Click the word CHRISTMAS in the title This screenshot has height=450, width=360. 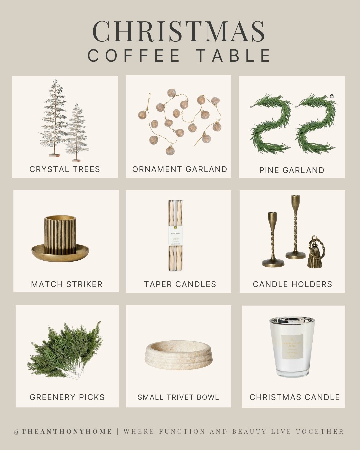[x=179, y=31]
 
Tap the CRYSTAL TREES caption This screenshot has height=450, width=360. [x=65, y=169]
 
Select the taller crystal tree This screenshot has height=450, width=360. [x=53, y=117]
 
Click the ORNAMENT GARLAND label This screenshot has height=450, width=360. [x=180, y=169]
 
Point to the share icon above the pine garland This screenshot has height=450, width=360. [x=332, y=96]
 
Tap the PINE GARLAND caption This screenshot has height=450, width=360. [x=292, y=170]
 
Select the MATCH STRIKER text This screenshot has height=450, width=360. [x=67, y=284]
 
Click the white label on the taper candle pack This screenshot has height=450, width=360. [x=175, y=235]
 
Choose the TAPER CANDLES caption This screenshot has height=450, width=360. [x=180, y=284]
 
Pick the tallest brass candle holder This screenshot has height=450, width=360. [x=295, y=227]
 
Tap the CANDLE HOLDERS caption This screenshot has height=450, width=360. [x=292, y=284]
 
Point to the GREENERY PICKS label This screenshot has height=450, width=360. [x=67, y=397]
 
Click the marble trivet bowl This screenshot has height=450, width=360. [x=179, y=355]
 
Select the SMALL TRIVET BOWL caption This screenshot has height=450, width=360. [x=178, y=397]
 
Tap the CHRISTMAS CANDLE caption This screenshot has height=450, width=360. [x=294, y=397]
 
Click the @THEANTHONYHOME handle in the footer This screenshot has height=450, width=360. [x=63, y=432]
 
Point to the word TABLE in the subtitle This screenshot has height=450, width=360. [x=233, y=56]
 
